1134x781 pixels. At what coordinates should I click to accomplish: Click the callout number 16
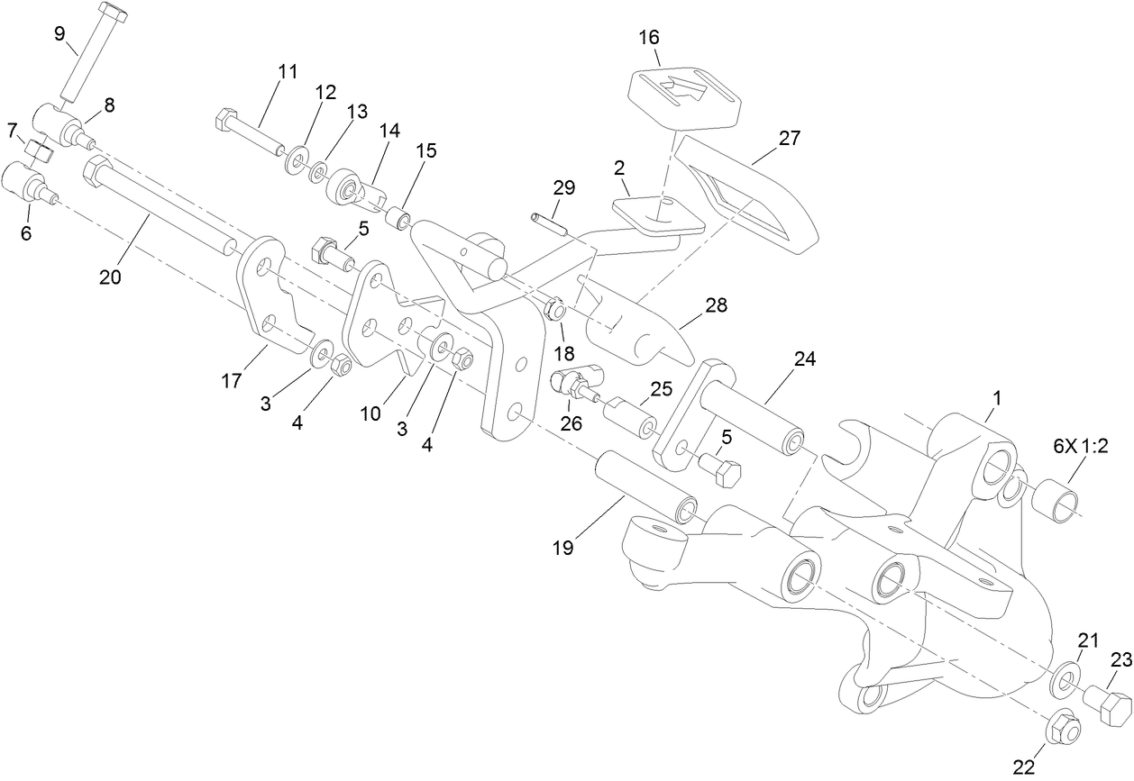point(649,37)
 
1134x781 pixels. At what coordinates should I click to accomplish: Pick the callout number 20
point(110,277)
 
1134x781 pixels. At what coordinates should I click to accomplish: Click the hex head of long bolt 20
point(95,168)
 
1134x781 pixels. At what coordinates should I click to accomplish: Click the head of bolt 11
point(225,118)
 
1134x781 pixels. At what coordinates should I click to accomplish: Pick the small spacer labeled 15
point(398,219)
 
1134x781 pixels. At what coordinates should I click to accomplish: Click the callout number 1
point(997,396)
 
